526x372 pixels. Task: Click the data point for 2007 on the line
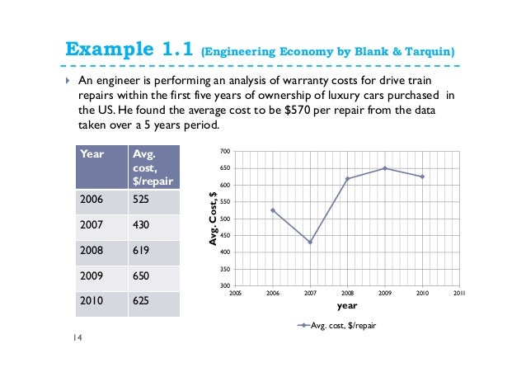coord(310,242)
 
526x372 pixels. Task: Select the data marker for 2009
coord(385,168)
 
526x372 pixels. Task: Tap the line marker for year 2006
coord(272,210)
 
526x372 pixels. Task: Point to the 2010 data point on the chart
coord(423,177)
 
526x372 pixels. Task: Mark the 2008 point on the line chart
coord(347,179)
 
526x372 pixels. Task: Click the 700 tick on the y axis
coord(225,152)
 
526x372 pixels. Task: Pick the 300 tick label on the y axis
coord(225,285)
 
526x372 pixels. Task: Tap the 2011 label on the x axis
coord(460,292)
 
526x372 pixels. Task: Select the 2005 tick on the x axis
coord(235,292)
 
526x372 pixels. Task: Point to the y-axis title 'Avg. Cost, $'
coord(213,219)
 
